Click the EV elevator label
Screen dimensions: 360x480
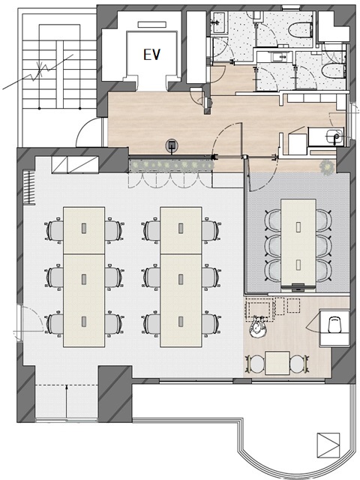[x=151, y=55]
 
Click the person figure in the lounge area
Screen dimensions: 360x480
[x=257, y=326]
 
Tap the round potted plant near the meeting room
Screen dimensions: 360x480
[x=327, y=167]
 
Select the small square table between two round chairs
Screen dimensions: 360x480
[x=277, y=363]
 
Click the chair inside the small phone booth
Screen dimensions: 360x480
[x=335, y=325]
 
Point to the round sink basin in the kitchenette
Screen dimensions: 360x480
[x=334, y=136]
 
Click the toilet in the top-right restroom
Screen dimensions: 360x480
[x=300, y=29]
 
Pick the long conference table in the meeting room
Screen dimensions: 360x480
[x=298, y=242]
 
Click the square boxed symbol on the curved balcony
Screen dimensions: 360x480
[x=328, y=445]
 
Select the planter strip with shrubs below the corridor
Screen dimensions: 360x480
[x=171, y=165]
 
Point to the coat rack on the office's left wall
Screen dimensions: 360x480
[x=30, y=187]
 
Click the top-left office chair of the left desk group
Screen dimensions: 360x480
[x=54, y=230]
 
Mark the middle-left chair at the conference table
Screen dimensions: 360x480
[x=273, y=246]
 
